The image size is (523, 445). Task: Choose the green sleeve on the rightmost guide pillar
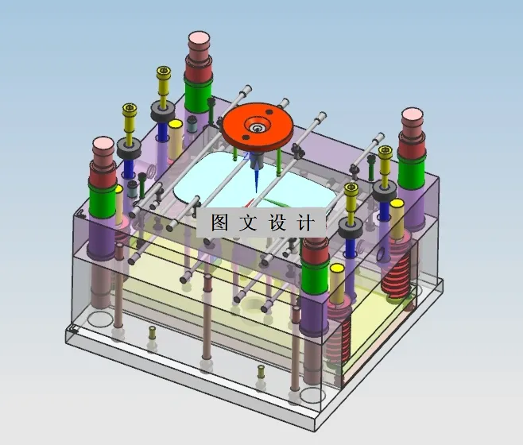tap(411, 172)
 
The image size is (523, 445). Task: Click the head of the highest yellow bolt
tap(165, 73)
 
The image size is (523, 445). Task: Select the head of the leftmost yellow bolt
tap(129, 108)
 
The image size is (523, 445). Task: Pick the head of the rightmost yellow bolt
tap(385, 152)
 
